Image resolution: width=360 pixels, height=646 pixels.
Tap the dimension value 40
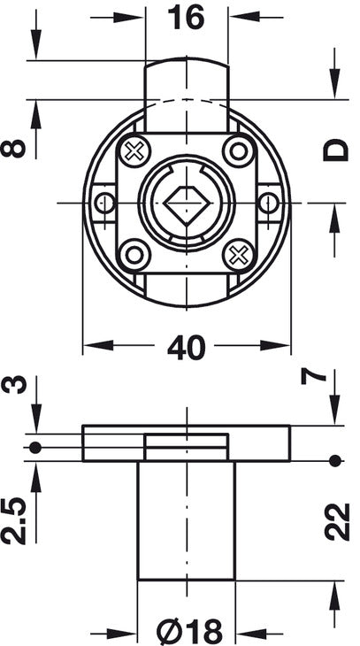coord(186,347)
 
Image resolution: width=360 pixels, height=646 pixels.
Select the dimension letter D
coord(336,150)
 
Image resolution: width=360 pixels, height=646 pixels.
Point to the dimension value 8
coord(12,149)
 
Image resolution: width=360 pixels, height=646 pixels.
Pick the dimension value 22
coord(337,521)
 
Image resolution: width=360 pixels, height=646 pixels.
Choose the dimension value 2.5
coord(13,521)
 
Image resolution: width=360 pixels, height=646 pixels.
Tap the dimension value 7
coord(314,377)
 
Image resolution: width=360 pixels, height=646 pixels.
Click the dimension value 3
coord(13,385)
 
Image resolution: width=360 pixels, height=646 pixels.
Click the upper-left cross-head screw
coord(134,151)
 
